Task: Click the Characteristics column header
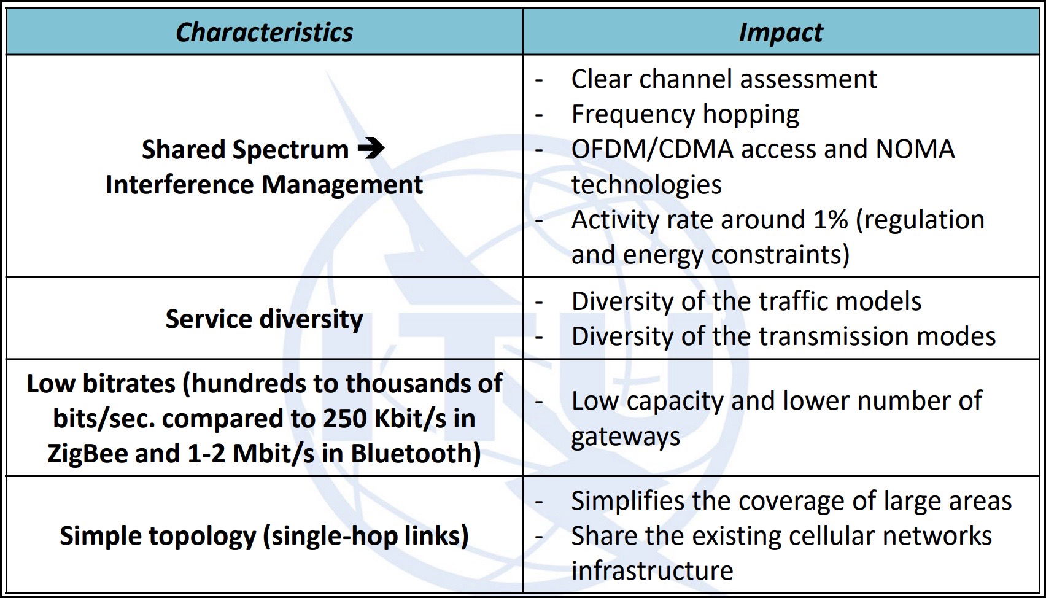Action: tap(265, 33)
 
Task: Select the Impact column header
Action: tap(781, 33)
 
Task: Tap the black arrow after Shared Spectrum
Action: tap(371, 149)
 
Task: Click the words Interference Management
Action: tap(265, 184)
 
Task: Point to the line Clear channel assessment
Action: tap(724, 79)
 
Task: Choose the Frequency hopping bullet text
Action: tap(686, 114)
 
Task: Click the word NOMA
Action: tap(915, 149)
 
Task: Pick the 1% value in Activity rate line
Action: tap(831, 219)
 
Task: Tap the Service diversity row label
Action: tap(265, 319)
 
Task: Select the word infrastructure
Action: tap(653, 570)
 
